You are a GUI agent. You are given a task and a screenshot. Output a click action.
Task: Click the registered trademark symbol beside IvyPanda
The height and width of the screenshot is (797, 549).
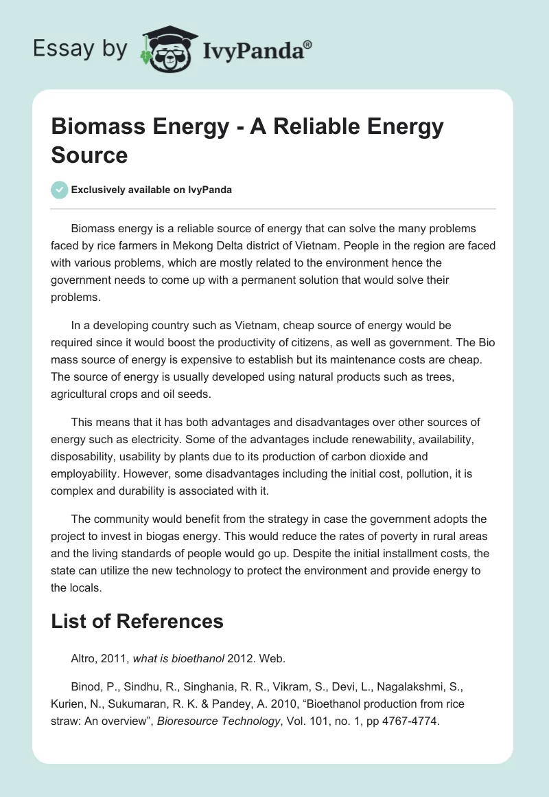point(308,44)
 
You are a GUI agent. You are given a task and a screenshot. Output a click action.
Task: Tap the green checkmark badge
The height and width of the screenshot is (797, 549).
point(60,190)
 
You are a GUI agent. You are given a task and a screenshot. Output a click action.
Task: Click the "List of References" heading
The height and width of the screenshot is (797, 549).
point(137,621)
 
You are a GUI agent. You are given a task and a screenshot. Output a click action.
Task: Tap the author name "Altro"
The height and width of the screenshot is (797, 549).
point(84,658)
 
